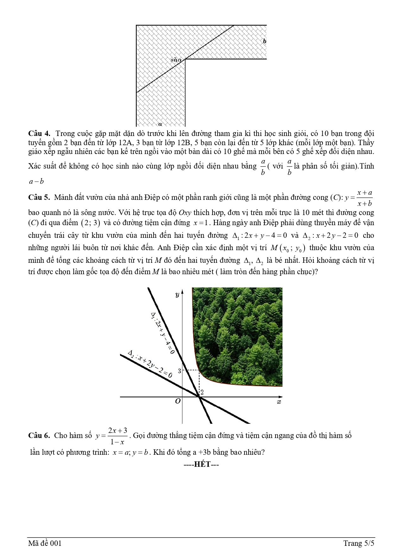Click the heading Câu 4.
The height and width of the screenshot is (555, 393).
pos(39,133)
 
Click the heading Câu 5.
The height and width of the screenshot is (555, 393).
pos(39,198)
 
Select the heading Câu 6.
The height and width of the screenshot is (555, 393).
pos(39,435)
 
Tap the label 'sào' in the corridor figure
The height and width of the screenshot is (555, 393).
pos(176,60)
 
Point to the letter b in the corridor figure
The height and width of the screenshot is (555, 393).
pos(264,41)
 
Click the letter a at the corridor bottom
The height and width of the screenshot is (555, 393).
pos(160,124)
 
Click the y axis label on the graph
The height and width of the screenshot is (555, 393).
pos(177,295)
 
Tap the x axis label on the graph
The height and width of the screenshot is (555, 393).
pos(279,402)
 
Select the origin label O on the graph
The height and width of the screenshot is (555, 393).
pos(178,401)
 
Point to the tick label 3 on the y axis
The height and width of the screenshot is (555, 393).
pos(179,371)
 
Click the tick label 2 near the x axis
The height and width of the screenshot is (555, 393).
pos(202,392)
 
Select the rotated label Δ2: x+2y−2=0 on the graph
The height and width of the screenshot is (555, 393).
pos(150,364)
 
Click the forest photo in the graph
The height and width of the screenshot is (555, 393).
pos(238,335)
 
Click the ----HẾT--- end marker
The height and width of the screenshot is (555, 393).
pos(202,464)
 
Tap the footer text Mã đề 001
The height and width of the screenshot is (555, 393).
pos(45,543)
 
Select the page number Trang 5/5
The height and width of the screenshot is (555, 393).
pos(358,543)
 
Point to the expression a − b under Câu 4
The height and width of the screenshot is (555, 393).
pos(36,182)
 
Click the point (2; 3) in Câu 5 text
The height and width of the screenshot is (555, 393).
pos(91,223)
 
